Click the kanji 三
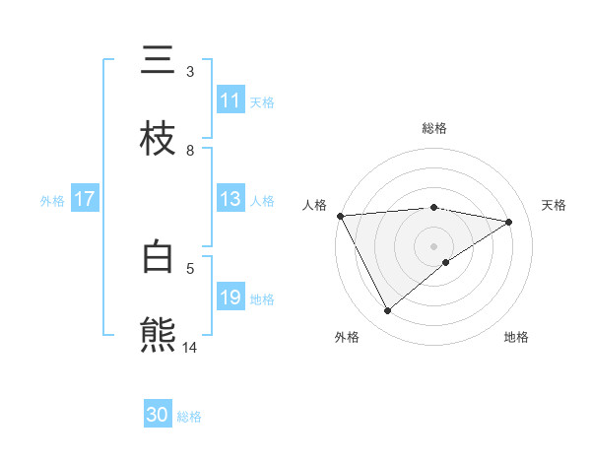(x=159, y=61)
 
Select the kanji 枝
(x=159, y=140)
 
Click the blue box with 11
(x=230, y=100)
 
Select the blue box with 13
(x=230, y=199)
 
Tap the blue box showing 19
(x=230, y=298)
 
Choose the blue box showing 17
(x=84, y=199)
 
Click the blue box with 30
(x=158, y=415)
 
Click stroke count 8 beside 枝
(x=190, y=150)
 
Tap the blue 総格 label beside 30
(x=189, y=417)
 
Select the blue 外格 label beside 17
(x=52, y=201)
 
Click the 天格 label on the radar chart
(x=554, y=205)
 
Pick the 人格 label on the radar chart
(x=314, y=205)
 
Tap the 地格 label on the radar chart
(x=516, y=337)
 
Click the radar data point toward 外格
(x=387, y=311)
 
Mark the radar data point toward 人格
(x=340, y=216)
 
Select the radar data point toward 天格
(x=509, y=223)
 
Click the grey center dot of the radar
(x=433, y=246)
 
